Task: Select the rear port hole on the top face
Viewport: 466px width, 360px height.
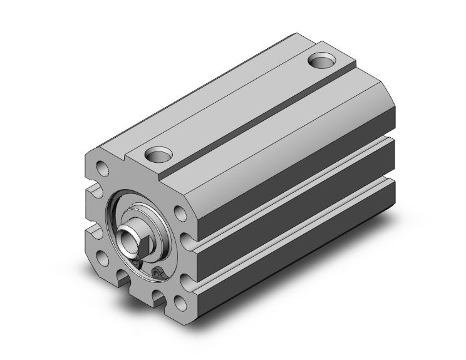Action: click(323, 62)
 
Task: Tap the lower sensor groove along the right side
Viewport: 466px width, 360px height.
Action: click(294, 235)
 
